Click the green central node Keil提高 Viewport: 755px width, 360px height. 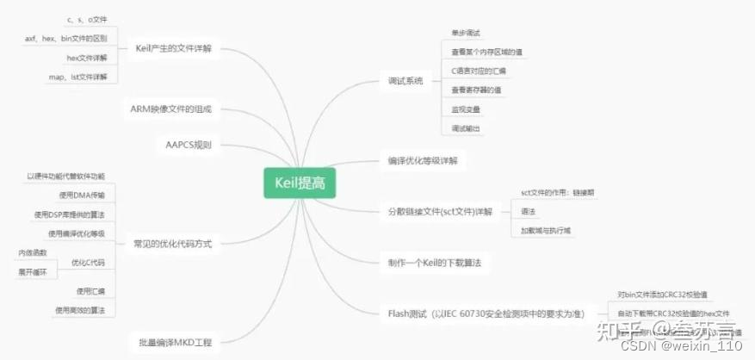click(x=300, y=182)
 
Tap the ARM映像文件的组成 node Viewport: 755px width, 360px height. click(x=170, y=109)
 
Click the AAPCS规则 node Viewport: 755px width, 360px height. click(x=189, y=145)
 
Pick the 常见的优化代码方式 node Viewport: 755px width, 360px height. click(x=172, y=243)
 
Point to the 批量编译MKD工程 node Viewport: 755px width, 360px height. click(x=173, y=342)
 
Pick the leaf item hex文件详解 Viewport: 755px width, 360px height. click(x=86, y=57)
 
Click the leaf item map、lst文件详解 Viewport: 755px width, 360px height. click(x=78, y=77)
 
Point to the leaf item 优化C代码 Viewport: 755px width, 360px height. click(x=88, y=262)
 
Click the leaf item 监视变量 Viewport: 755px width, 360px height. click(x=466, y=109)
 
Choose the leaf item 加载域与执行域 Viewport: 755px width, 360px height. click(x=546, y=230)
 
